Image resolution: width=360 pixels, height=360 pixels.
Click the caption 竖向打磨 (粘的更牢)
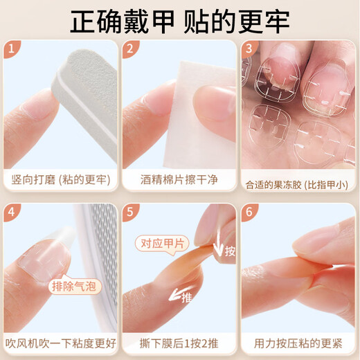click(60, 179)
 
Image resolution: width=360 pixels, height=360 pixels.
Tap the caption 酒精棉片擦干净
click(179, 179)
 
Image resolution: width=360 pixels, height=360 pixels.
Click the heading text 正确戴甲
click(114, 21)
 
